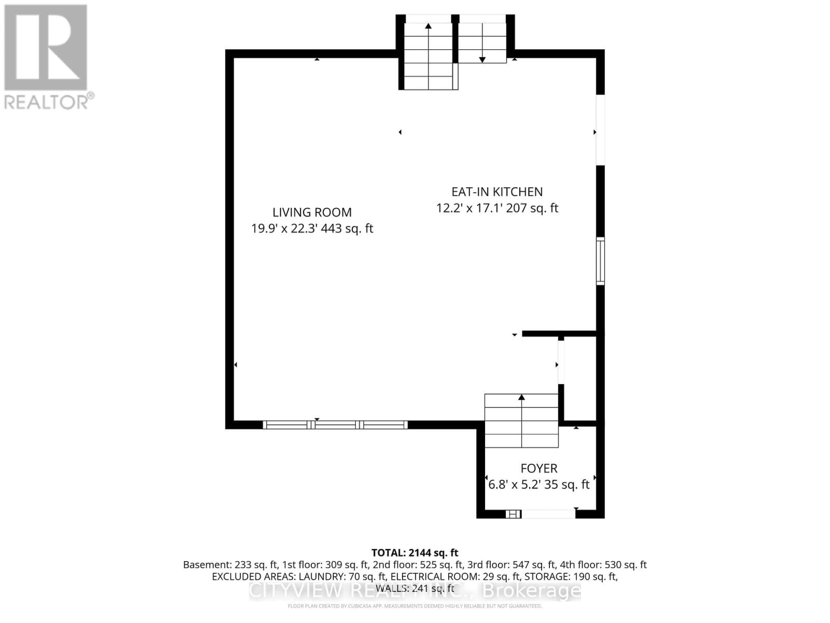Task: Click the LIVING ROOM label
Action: coord(312,212)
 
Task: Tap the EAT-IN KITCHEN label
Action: coord(497,192)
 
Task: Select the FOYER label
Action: coord(539,468)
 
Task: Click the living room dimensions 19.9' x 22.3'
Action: coord(284,228)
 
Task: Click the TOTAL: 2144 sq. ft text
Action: coord(414,552)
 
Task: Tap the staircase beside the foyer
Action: coord(521,421)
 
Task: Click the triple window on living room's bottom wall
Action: coord(335,425)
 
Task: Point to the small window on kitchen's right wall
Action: coord(600,261)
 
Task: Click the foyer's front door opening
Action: coord(548,514)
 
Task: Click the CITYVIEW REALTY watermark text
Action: coord(414,591)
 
